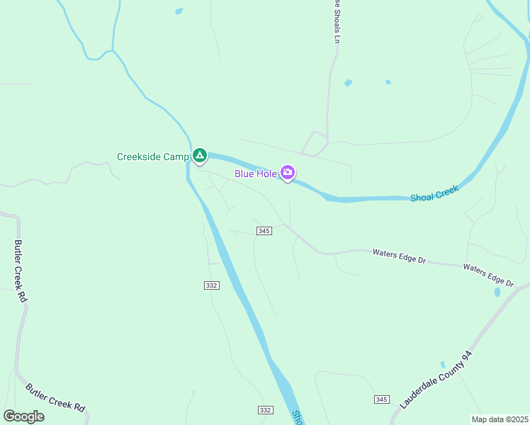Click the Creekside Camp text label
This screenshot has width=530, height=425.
coord(153,157)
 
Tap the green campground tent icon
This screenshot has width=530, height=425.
coord(200,155)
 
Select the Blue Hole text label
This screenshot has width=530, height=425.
coord(256,173)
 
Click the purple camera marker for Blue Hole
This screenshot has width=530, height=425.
coord(287,172)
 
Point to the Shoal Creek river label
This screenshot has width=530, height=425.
coord(435,193)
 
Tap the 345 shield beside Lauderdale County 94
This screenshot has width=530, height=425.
coord(382,399)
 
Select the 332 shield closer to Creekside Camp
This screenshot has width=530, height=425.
coord(211,285)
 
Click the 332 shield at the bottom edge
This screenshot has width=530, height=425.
coord(265,410)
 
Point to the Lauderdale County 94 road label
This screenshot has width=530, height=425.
coord(435,380)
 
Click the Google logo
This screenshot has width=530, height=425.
coord(24,416)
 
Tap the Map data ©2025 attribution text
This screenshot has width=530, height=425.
coord(500,419)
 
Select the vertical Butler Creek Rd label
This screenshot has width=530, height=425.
coord(20,271)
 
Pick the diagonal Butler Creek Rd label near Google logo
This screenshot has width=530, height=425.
coord(55,398)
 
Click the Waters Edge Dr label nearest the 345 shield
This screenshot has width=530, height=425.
coord(399,256)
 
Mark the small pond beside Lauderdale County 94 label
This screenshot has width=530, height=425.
coord(443,365)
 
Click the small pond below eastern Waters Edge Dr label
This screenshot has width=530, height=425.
coord(497,292)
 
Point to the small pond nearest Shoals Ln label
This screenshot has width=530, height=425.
coord(348,83)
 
